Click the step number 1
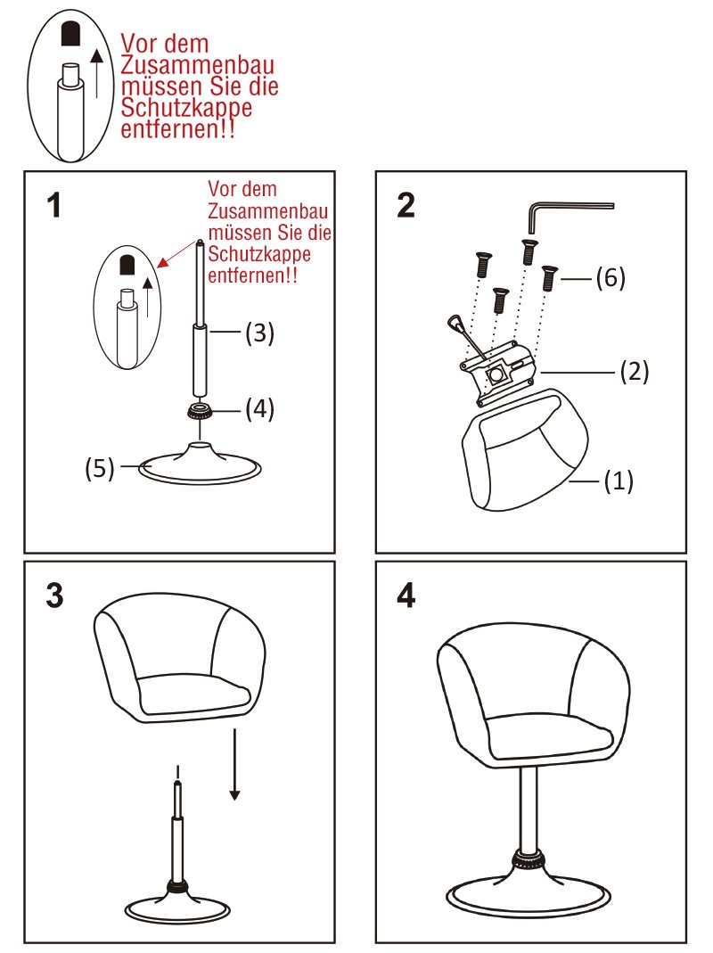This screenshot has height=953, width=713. coord(54,205)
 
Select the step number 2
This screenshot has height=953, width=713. coord(406,205)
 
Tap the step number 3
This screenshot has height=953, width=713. coord(54,595)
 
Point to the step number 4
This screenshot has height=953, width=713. coord(406,595)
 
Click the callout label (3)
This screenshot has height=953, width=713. coord(259,333)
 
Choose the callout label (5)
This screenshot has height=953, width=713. coord(100,468)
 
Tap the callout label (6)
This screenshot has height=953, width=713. coord(611,278)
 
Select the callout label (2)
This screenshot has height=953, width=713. coord(635,371)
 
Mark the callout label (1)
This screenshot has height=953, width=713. coord(619,481)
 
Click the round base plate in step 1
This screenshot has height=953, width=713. coord(200,469)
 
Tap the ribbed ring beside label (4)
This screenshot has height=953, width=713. coord(200,412)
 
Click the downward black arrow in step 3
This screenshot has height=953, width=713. coord(234,764)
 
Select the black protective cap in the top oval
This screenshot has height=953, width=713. coord(71,34)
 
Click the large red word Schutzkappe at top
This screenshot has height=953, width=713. coord(186,108)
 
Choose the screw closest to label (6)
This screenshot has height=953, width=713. coord(549,278)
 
